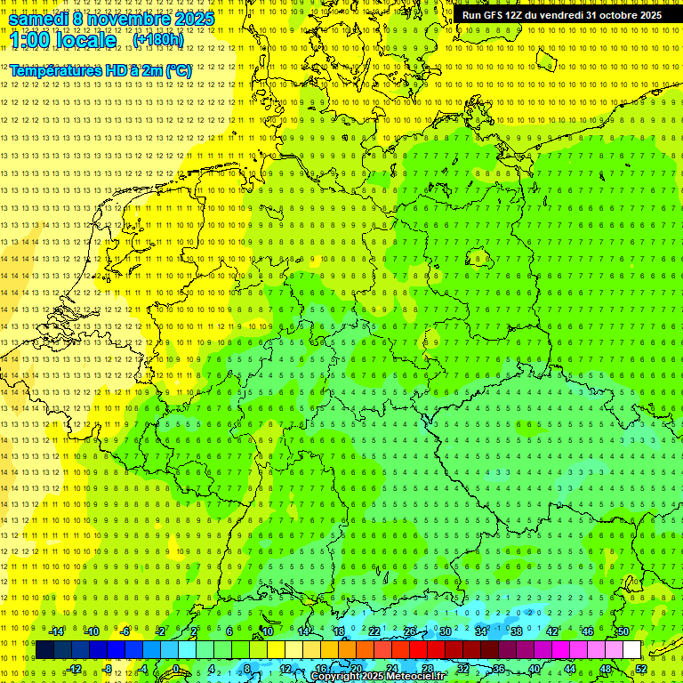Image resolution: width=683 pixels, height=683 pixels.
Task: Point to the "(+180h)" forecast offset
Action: pos(158,40)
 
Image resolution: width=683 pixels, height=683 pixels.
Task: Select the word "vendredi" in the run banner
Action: pos(557,15)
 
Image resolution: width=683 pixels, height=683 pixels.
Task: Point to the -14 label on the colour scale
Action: pos(56,631)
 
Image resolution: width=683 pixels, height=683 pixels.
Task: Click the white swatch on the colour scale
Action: pos(631,650)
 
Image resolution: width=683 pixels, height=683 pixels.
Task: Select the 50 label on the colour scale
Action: pos(623,631)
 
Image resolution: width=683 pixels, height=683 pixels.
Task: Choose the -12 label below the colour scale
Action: pos(74,669)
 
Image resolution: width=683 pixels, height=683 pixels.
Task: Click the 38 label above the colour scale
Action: pos(517,631)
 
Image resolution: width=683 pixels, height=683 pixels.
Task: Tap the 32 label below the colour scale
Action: pos(462,669)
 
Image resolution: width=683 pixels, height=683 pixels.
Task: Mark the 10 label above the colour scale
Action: pos(268,631)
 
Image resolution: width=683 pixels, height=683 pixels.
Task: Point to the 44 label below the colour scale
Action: pos(570,669)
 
